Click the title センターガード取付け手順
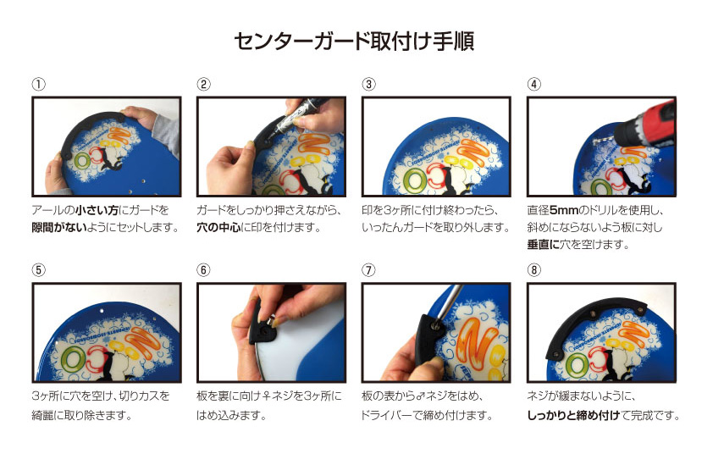coord(354,42)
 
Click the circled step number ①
coord(39,84)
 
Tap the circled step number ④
coord(533,84)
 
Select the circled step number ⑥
coord(203,269)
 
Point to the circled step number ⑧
coord(533,269)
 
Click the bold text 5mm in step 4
coord(564,210)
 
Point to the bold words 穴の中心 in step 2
coord(218,227)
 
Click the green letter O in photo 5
coord(73,359)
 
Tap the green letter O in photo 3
coord(414,180)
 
